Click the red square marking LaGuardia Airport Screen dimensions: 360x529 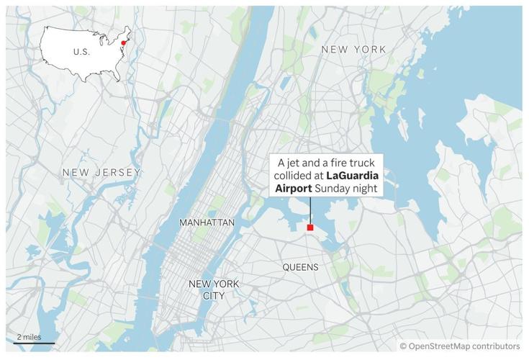310,228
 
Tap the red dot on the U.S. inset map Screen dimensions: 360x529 124,42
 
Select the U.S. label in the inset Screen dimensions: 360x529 81,52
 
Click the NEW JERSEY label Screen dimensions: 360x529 101,172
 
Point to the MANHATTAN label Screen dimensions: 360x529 207,222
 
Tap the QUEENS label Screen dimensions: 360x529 300,267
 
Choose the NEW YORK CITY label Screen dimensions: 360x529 213,289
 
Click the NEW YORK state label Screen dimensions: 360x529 353,49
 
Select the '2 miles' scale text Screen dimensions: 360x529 28,337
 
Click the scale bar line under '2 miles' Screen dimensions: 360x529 32,343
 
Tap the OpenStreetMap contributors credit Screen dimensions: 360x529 464,346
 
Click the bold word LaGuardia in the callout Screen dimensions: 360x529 356,175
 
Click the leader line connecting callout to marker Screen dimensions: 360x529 310,210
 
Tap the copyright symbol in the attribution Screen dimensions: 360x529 403,346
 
